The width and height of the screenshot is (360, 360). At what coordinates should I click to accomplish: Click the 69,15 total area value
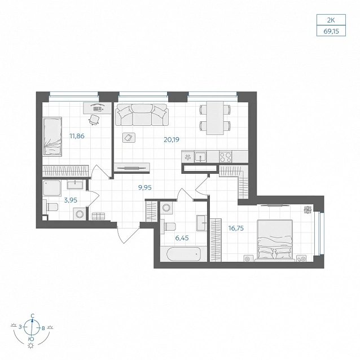coord(331,31)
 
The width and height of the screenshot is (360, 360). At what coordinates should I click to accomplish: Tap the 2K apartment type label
coord(331,20)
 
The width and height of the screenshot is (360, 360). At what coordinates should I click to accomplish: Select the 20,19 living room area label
coord(172,139)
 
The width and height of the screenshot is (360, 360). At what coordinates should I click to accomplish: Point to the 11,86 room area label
coord(77,136)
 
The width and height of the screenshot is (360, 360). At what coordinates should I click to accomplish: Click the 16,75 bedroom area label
coord(236,228)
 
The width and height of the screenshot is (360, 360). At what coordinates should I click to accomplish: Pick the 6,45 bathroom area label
coord(182,238)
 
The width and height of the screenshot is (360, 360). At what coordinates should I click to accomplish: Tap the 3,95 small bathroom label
coord(71,200)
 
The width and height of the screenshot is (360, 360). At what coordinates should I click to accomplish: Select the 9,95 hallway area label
coord(145,187)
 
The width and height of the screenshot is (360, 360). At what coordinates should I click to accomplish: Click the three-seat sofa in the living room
coord(142,115)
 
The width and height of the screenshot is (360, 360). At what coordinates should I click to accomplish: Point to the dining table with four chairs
coord(215,118)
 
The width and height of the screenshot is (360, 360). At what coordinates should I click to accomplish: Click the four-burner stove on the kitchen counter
coord(226,157)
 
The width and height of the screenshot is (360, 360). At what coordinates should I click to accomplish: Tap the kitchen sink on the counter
coord(200,157)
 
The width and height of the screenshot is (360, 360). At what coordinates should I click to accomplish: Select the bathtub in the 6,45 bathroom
coord(183,254)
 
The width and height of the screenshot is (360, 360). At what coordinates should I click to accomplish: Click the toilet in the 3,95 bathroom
coord(51,207)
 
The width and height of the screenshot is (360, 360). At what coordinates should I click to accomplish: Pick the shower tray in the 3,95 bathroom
coord(52,188)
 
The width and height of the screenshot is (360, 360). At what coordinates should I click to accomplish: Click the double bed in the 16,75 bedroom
coord(275,240)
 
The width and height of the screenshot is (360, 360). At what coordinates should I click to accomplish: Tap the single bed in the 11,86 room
coord(52,137)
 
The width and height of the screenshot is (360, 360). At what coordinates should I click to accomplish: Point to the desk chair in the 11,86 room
coord(94,120)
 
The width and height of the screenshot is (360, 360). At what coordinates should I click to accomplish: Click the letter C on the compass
coord(32,315)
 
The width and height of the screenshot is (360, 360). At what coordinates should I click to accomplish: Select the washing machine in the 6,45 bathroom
coord(166,208)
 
